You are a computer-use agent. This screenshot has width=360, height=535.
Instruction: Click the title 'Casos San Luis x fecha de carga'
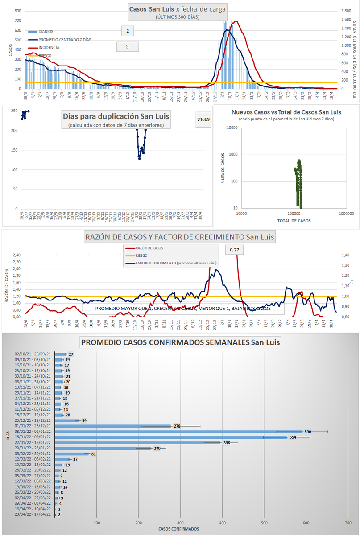[177, 9]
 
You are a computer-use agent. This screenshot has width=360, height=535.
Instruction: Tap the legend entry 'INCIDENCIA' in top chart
[49, 47]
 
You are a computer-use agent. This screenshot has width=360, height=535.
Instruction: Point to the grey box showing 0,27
[234, 251]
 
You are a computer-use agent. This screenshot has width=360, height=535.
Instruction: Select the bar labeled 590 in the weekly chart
[178, 431]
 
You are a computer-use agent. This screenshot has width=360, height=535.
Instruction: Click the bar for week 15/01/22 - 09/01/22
[171, 437]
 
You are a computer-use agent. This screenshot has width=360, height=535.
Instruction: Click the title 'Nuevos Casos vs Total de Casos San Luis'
[287, 112]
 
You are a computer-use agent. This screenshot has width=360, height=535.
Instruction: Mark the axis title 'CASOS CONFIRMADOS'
[178, 529]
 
